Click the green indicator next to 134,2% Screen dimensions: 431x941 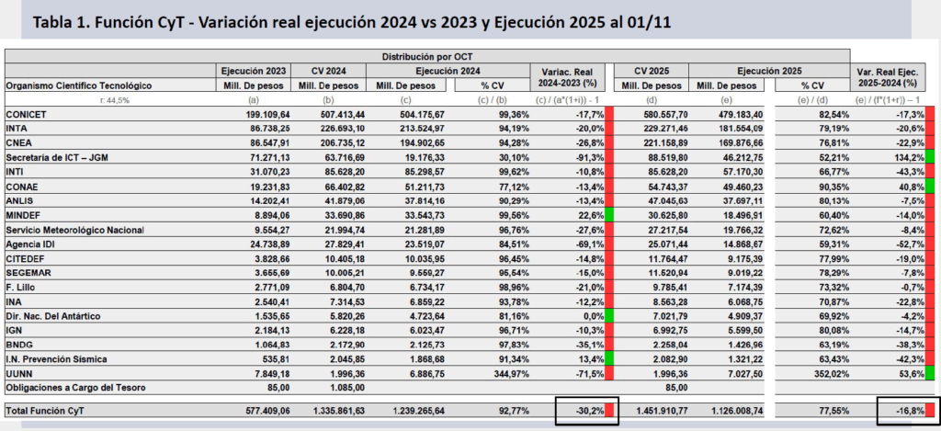[x=929, y=157]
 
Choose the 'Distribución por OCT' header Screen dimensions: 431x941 [x=427, y=56]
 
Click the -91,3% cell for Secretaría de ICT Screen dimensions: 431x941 [x=584, y=157]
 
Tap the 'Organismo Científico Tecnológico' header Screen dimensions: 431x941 [x=78, y=85]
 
